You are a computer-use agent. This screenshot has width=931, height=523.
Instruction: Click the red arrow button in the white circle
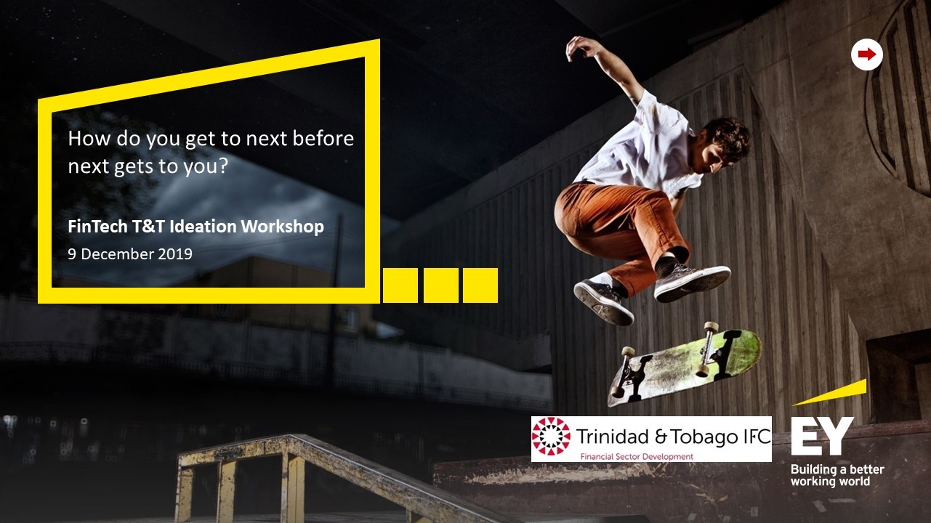pyautogui.click(x=866, y=54)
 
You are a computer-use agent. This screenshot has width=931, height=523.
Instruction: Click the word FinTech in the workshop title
pyautogui.click(x=97, y=227)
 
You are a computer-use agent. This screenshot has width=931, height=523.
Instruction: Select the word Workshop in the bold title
pyautogui.click(x=282, y=227)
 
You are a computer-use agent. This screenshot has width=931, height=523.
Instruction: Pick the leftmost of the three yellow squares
pyautogui.click(x=400, y=285)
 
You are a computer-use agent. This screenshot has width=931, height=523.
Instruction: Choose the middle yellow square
pyautogui.click(x=441, y=285)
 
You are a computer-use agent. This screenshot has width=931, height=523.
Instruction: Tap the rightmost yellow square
pyautogui.click(x=480, y=285)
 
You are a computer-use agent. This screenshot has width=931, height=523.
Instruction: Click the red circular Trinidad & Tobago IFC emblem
pyautogui.click(x=551, y=436)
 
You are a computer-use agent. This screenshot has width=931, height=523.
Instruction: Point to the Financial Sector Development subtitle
pyautogui.click(x=637, y=456)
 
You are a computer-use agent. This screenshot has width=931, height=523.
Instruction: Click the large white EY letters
pyautogui.click(x=822, y=436)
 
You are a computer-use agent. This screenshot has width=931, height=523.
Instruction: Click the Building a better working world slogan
pyautogui.click(x=837, y=475)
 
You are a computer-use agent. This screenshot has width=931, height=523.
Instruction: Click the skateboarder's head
pyautogui.click(x=725, y=143)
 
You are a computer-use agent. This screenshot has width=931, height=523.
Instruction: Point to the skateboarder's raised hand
pyautogui.click(x=580, y=46)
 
